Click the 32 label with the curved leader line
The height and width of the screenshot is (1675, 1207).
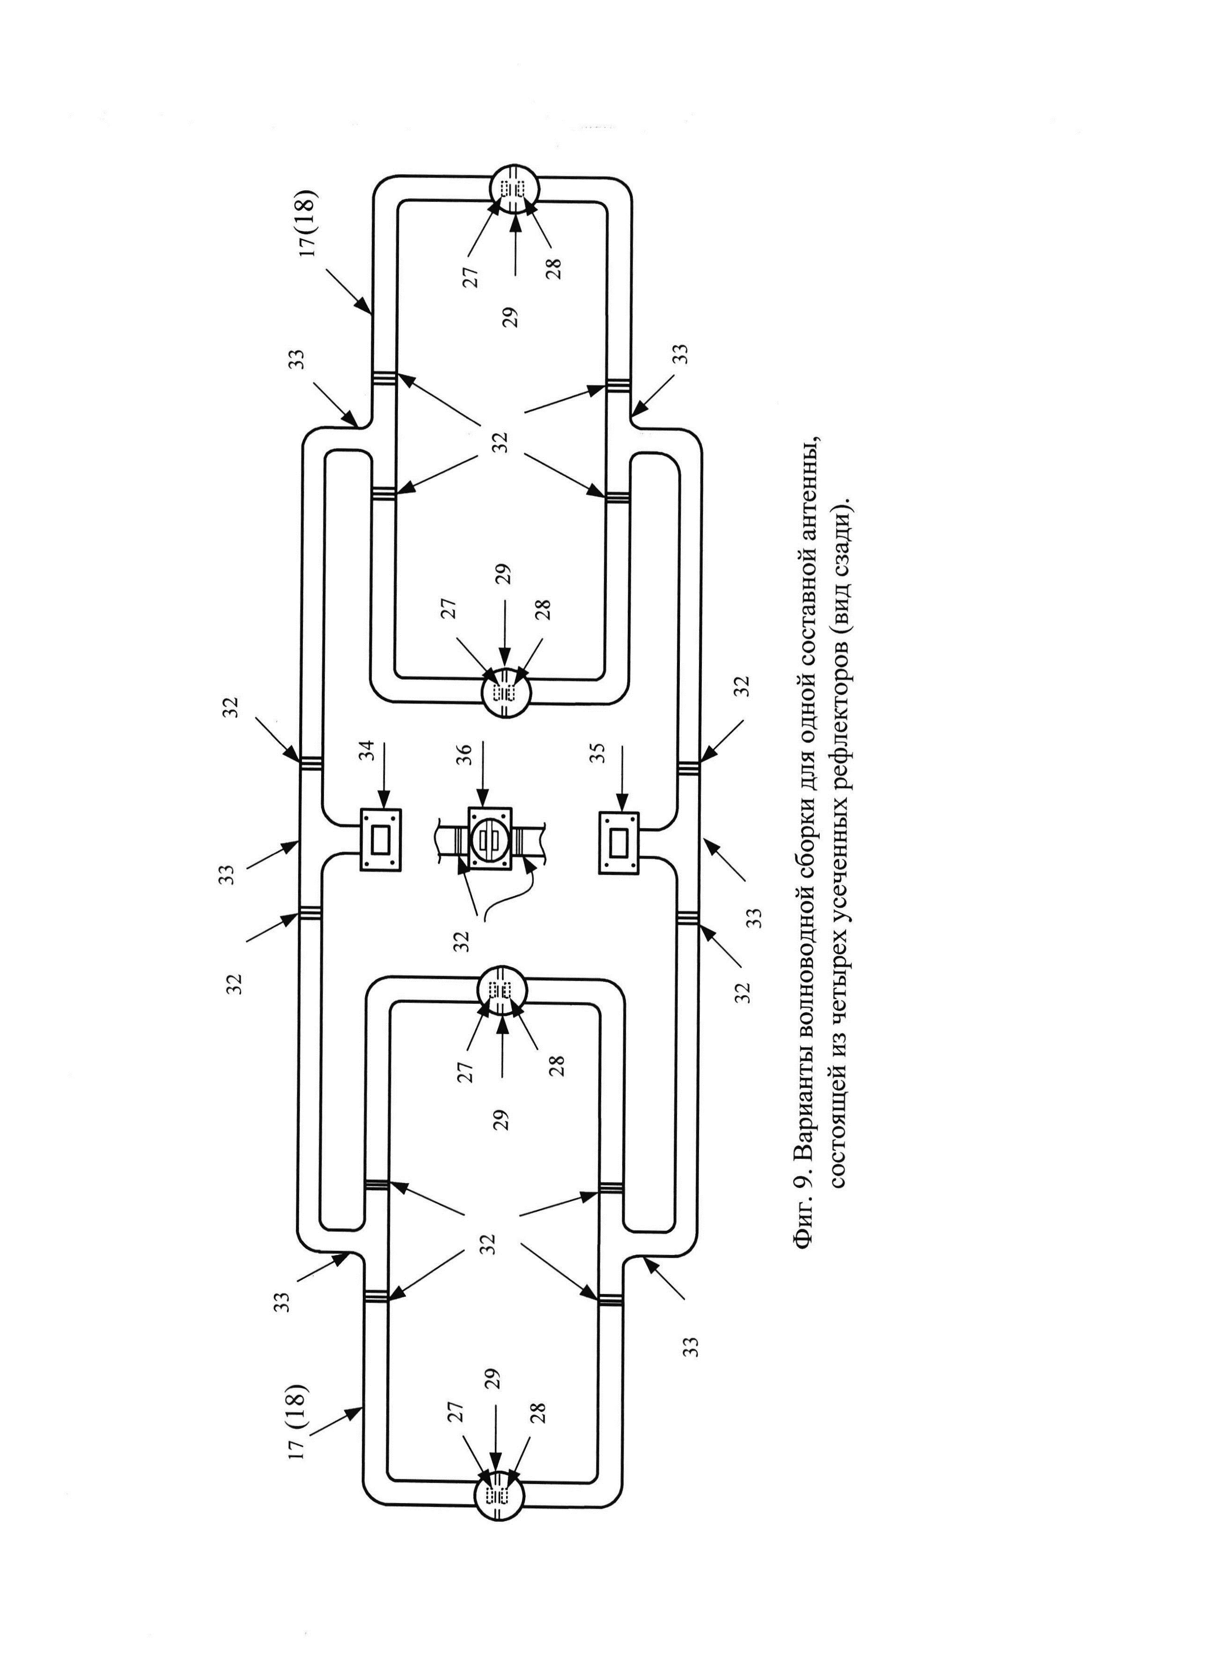[x=461, y=940]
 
